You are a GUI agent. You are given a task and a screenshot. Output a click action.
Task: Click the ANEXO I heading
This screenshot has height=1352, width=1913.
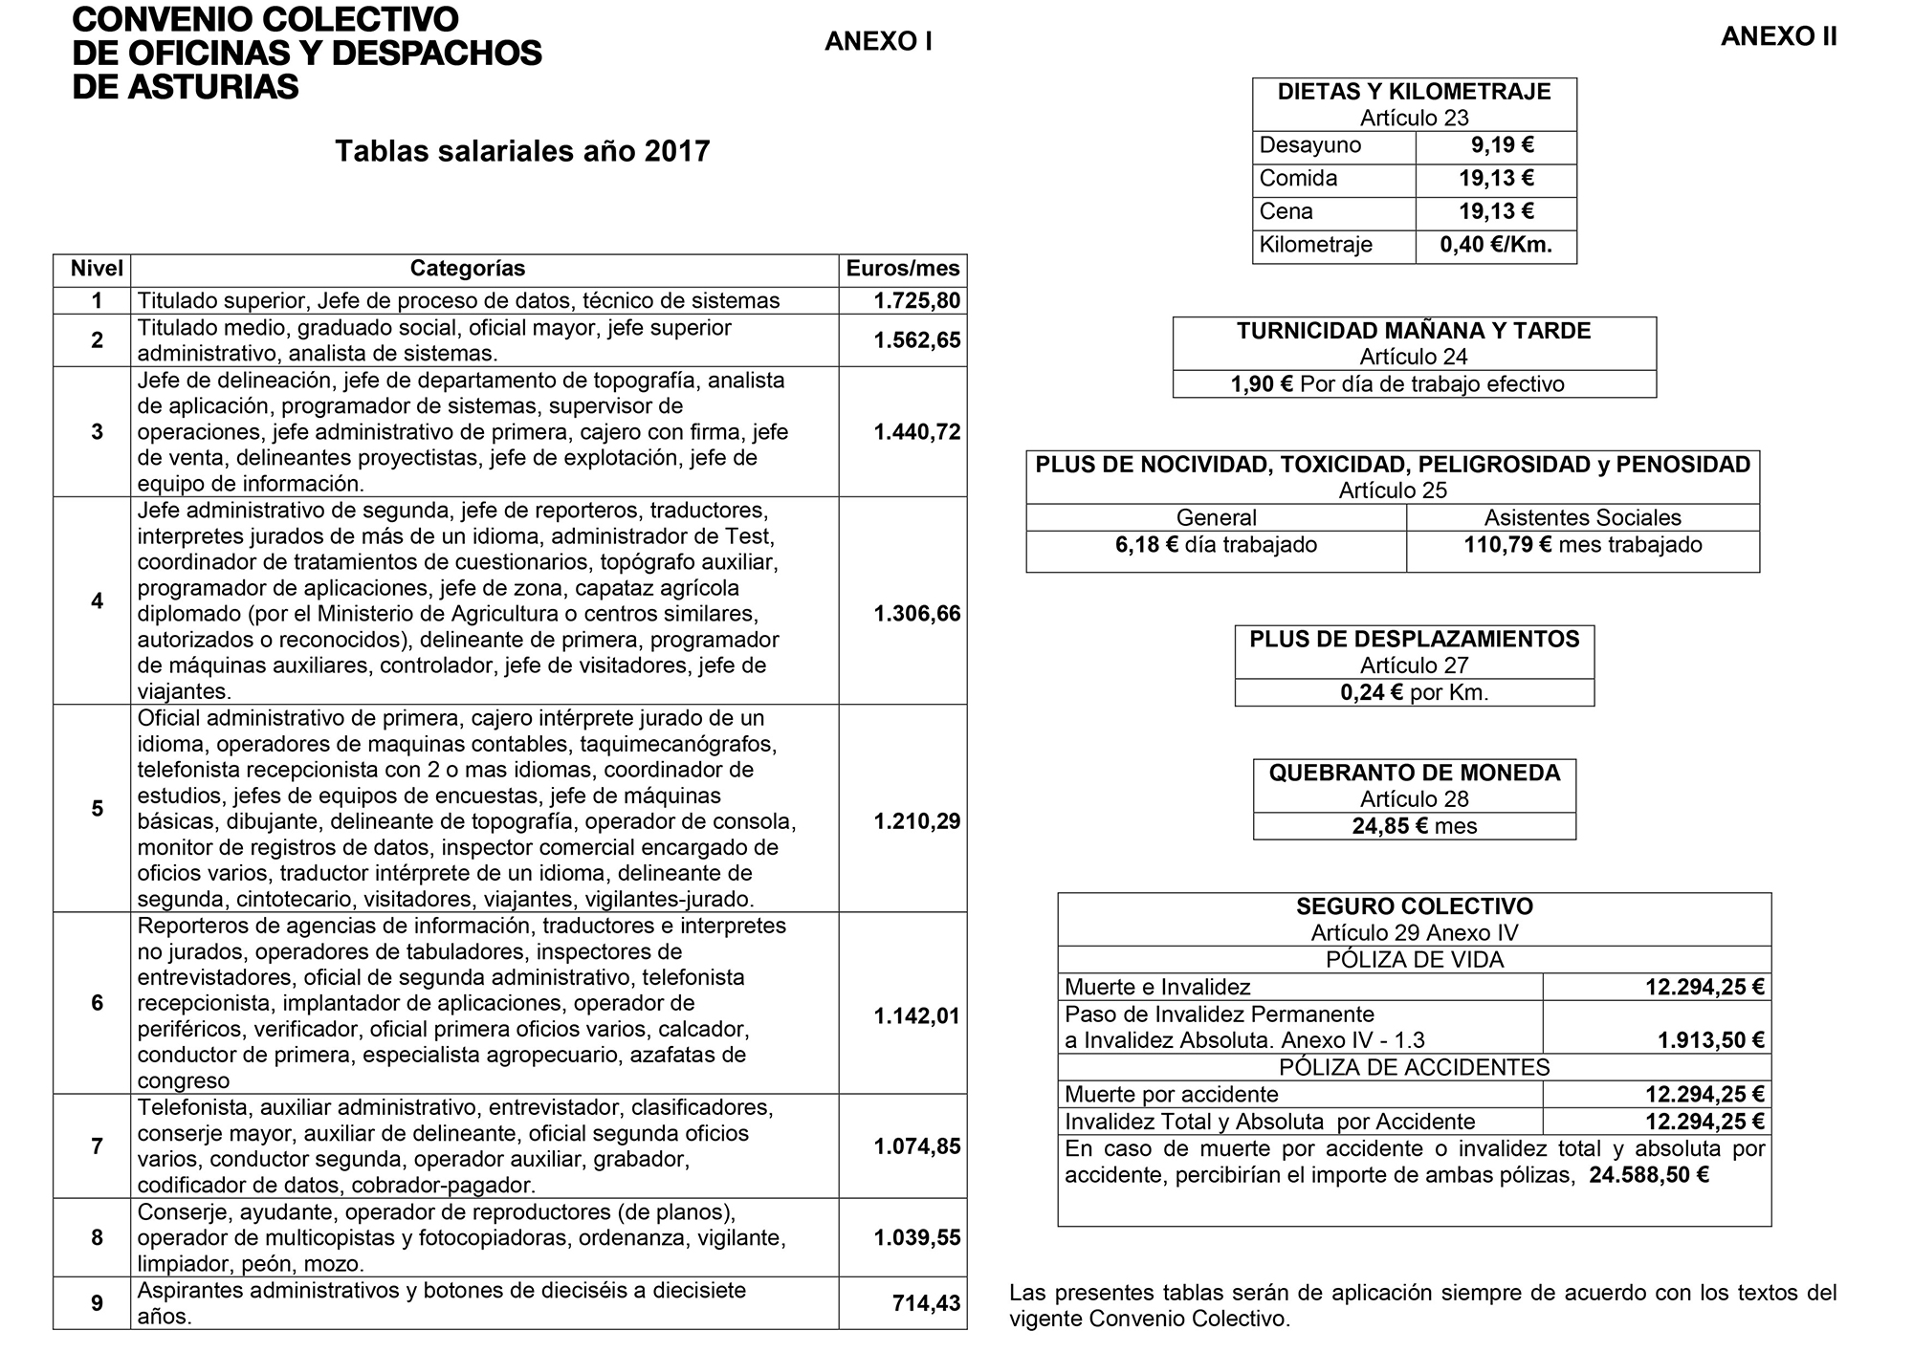point(878,41)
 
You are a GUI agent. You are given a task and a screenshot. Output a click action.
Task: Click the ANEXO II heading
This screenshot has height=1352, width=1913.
point(1778,36)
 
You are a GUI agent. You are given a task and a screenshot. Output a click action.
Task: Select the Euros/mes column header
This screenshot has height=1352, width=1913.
point(902,269)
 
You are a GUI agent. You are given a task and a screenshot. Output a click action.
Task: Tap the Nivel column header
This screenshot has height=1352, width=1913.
point(97,269)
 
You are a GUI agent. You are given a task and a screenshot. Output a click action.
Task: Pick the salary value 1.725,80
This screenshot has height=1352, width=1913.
point(916,300)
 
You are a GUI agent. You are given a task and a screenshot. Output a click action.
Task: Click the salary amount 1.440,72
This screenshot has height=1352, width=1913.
point(916,432)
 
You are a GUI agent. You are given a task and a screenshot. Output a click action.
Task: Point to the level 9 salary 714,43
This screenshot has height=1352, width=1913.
point(925,1303)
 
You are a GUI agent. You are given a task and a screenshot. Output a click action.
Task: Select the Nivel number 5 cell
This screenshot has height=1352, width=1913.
point(97,809)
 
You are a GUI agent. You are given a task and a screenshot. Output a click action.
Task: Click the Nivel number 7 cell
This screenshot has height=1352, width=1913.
point(97,1146)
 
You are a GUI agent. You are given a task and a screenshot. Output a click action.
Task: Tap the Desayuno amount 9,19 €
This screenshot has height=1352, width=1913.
point(1502,146)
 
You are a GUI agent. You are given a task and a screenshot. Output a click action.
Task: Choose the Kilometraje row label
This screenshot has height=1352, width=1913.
point(1315,245)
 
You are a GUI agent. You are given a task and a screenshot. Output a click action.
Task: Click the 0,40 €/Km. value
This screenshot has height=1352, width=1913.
point(1496,245)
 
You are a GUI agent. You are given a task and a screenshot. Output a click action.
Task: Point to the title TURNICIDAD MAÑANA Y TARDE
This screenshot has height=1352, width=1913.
point(1414,331)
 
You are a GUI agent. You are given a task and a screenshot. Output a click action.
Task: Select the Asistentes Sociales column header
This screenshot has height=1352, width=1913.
point(1582,517)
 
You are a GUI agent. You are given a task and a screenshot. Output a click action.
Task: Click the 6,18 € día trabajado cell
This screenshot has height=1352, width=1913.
point(1216,545)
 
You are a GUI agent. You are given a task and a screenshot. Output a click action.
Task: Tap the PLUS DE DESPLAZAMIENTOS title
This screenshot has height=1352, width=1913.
point(1414,639)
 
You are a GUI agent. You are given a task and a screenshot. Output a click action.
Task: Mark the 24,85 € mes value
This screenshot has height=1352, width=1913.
point(1414,826)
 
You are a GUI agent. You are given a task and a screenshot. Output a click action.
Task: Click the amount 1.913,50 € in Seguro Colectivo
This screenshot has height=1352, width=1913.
point(1710,1040)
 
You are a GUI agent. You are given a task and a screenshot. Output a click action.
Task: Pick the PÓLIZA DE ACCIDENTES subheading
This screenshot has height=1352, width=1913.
point(1414,1067)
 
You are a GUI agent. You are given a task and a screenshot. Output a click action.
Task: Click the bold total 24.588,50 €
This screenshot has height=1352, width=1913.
point(1648,1175)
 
